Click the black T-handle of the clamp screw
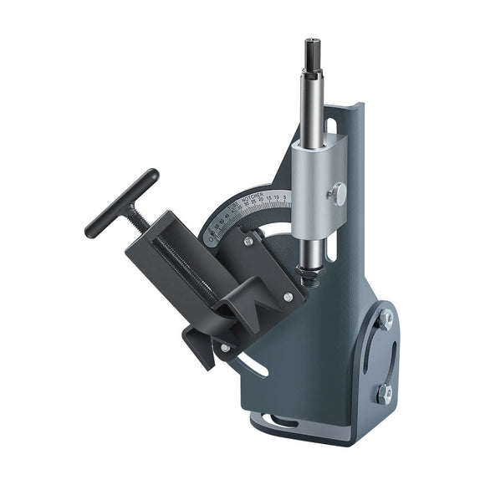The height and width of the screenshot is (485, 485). click(x=121, y=202)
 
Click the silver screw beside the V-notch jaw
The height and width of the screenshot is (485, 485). click(x=288, y=297)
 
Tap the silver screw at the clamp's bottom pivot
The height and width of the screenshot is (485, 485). click(x=225, y=348)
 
